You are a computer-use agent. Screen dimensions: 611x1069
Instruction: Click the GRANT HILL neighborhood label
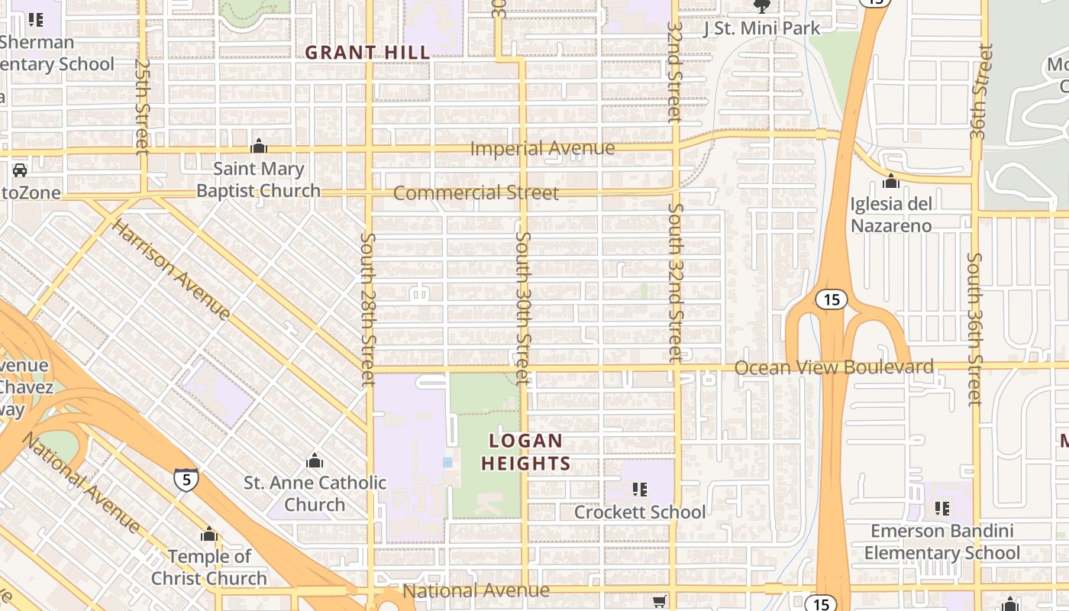[367, 53]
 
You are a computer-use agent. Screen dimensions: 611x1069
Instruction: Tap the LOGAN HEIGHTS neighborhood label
[526, 452]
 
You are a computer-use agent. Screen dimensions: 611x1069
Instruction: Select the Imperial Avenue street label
[542, 148]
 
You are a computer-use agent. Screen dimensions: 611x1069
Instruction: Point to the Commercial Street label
[476, 193]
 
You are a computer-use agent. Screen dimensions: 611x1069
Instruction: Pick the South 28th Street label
[368, 309]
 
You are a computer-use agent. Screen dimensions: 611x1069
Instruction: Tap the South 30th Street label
[522, 308]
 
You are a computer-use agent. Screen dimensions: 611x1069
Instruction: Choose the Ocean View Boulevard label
[834, 367]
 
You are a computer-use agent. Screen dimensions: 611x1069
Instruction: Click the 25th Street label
[142, 107]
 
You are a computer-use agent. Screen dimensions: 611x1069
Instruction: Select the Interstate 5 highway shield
[186, 479]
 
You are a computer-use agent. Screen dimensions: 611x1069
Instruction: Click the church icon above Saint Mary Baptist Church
[259, 146]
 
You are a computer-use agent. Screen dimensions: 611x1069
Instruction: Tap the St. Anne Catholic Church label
[315, 493]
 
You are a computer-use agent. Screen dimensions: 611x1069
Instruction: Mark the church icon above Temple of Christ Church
[208, 534]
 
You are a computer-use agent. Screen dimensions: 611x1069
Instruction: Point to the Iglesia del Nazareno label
[891, 215]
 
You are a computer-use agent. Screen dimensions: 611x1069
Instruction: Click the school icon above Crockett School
[640, 489]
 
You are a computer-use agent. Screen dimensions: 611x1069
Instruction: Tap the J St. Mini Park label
[761, 28]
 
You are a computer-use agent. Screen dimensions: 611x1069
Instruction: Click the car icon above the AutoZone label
[20, 170]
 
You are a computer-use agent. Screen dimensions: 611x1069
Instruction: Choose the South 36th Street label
[974, 328]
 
